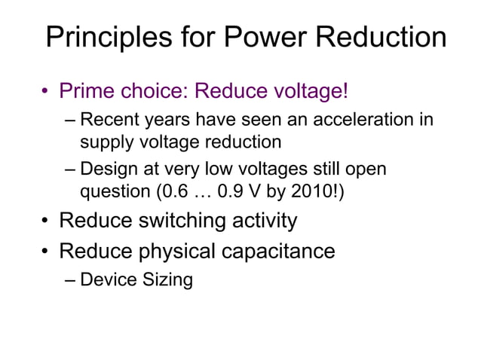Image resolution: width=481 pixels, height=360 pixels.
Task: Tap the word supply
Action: click(x=104, y=141)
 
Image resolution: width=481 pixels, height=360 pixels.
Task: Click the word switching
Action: click(x=175, y=221)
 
